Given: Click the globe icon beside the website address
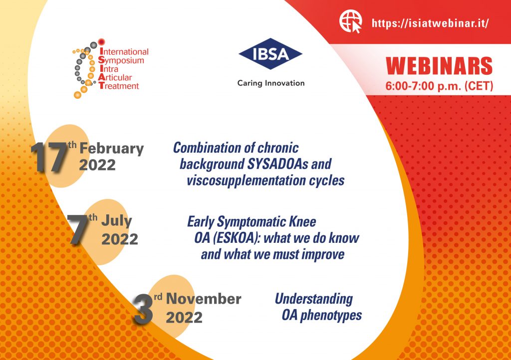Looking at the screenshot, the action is [350, 21].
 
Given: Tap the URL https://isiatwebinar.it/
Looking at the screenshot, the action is [430, 23].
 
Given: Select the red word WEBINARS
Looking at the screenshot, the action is [439, 66].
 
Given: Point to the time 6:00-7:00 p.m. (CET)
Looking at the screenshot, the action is [439, 86].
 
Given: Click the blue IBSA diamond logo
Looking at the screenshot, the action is [270, 54].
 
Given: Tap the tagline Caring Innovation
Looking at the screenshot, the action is [271, 83].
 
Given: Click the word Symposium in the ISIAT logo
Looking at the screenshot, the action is [121, 60].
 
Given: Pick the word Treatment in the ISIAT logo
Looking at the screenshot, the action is [119, 86].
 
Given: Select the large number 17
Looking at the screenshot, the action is [49, 157].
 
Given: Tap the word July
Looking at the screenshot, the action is [116, 221].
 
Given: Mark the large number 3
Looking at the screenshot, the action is [143, 309].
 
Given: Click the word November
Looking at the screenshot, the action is [204, 299].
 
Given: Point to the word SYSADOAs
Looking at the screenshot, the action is [277, 164].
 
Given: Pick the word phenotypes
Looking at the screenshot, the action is [331, 316].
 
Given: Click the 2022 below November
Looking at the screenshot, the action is [184, 317].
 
